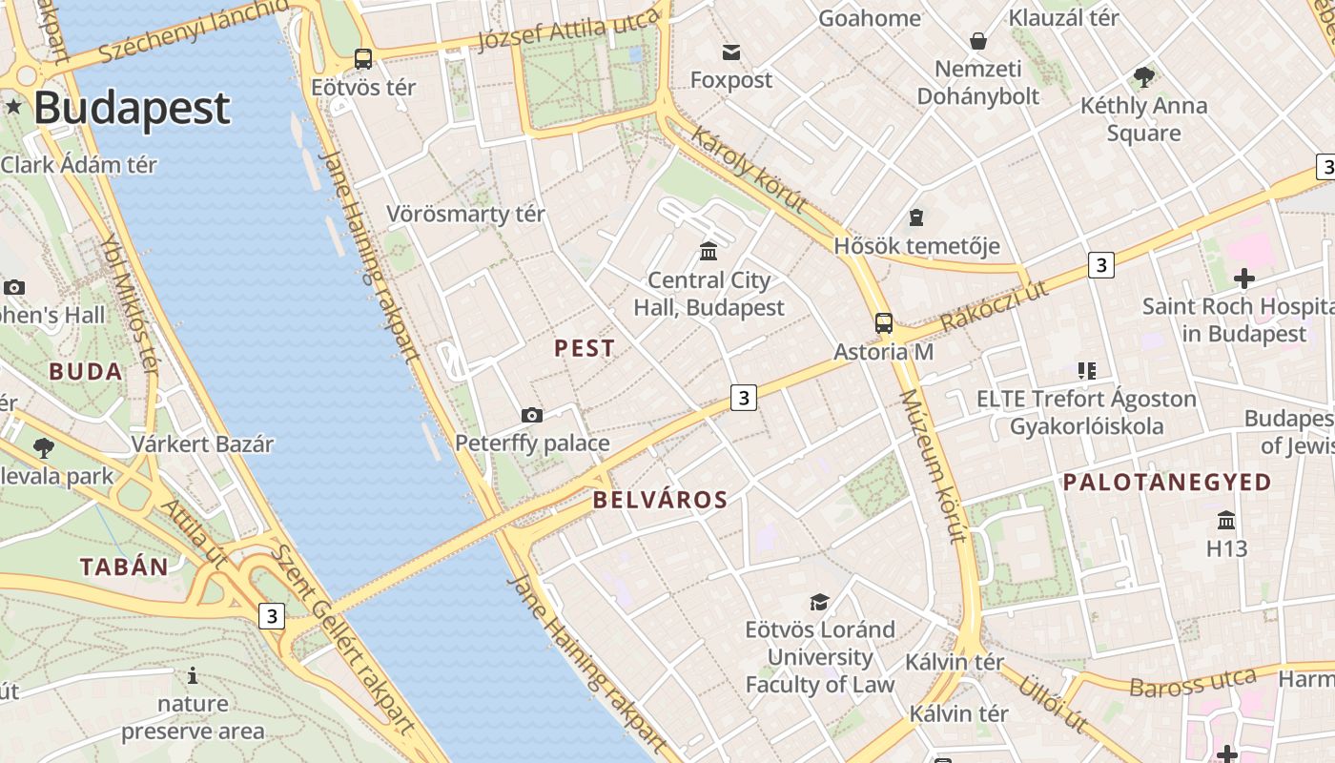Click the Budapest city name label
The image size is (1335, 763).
(132, 109)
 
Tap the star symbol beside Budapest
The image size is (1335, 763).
(13, 106)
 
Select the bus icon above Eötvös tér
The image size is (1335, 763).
(363, 59)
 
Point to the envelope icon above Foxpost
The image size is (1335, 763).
(731, 52)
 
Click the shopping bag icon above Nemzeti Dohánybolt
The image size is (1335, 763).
(977, 41)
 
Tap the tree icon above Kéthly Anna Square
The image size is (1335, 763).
(1143, 77)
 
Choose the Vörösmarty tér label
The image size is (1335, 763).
(465, 214)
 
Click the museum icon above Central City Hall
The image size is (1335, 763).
(709, 251)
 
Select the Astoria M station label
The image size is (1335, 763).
(883, 351)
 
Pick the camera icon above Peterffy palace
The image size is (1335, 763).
(532, 415)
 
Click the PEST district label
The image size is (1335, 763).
(585, 348)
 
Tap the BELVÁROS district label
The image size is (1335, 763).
(660, 500)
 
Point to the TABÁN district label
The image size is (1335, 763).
(124, 567)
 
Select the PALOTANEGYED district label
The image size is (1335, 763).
(1167, 482)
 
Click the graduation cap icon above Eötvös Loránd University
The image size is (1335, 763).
(819, 602)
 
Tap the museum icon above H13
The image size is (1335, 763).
(1226, 521)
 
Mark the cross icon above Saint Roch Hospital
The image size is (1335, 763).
(1243, 278)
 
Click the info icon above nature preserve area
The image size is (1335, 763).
(193, 676)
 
